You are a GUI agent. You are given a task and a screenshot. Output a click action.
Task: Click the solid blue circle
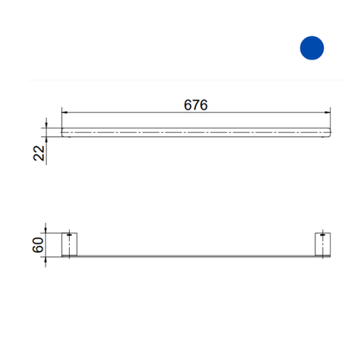click(x=312, y=47)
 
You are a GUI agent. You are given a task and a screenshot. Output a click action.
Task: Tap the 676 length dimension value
click(x=196, y=104)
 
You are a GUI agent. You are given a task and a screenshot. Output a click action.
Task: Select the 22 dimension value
click(x=39, y=153)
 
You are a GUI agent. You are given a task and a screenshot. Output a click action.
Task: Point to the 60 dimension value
click(x=38, y=245)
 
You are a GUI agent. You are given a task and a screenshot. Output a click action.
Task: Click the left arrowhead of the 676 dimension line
click(x=65, y=112)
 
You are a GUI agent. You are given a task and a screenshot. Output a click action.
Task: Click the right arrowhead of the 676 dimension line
click(x=327, y=112)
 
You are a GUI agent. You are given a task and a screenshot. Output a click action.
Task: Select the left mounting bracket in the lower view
click(x=69, y=244)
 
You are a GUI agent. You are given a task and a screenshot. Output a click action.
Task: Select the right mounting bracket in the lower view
click(x=323, y=244)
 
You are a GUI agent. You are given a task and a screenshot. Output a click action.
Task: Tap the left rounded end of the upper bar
click(x=63, y=132)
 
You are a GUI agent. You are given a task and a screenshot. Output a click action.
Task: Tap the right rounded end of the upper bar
click(x=329, y=132)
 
